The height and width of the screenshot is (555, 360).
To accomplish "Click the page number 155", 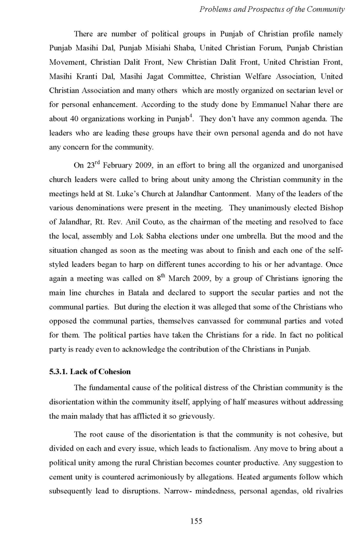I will [x=196, y=521].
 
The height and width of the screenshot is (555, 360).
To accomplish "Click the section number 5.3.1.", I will [x=55, y=372].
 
